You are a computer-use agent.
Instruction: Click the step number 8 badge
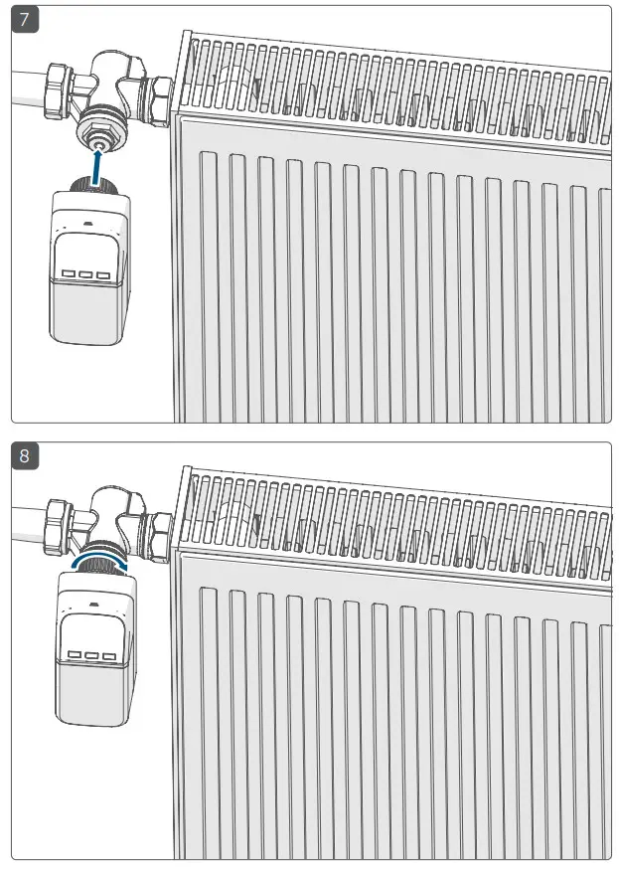click(24, 456)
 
